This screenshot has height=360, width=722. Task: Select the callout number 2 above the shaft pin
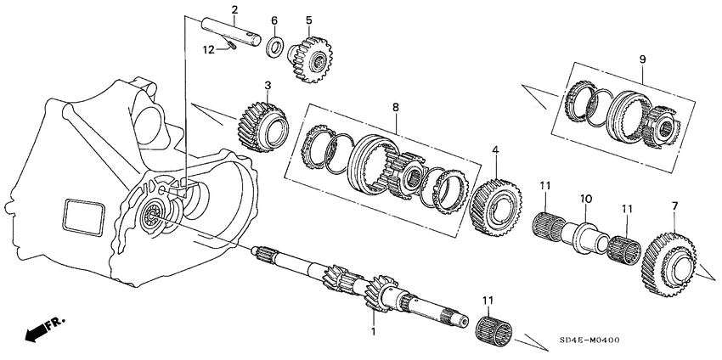(234, 10)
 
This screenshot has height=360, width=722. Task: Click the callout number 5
(309, 20)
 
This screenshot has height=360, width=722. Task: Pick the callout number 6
(274, 20)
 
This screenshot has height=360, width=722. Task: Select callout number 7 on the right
(674, 205)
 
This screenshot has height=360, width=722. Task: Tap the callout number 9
(642, 59)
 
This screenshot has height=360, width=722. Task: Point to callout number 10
(584, 198)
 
